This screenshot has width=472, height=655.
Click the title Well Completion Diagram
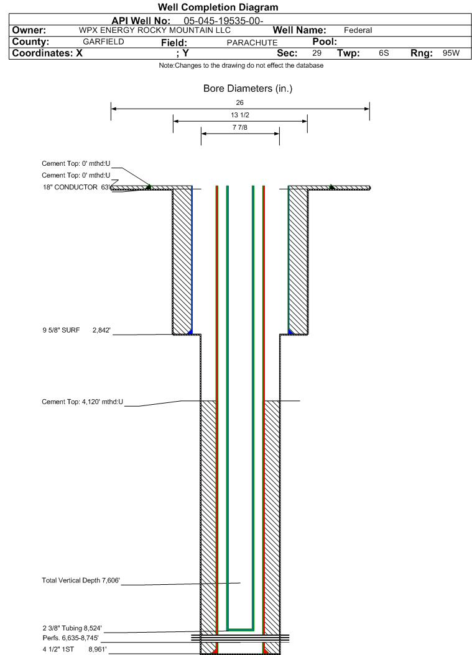[x=218, y=7]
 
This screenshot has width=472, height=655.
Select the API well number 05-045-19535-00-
[x=223, y=21]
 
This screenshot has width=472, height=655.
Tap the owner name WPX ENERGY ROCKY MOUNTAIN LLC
[x=155, y=30]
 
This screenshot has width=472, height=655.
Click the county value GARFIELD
[x=103, y=42]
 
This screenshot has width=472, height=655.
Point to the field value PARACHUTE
[x=252, y=43]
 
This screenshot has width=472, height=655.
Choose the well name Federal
[x=358, y=30]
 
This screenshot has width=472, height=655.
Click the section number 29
[x=317, y=53]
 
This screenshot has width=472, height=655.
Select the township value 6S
[x=384, y=53]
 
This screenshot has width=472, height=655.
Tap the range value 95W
[x=451, y=53]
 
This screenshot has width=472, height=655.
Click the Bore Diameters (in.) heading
[x=248, y=89]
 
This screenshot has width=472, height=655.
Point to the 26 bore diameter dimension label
[x=240, y=102]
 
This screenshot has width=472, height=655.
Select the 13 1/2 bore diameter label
[x=240, y=115]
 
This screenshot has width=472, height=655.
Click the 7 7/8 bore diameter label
[x=240, y=127]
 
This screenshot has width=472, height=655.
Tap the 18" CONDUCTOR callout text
[x=75, y=187]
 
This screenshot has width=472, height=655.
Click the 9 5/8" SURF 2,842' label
[x=76, y=330]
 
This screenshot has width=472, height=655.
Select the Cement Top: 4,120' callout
[x=83, y=402]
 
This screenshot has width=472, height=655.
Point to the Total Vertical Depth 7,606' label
[x=81, y=580]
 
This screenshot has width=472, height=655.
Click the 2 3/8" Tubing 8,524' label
[x=72, y=628]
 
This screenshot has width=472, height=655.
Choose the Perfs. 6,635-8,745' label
[x=71, y=638]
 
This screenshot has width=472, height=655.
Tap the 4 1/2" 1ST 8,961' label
[x=75, y=649]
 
